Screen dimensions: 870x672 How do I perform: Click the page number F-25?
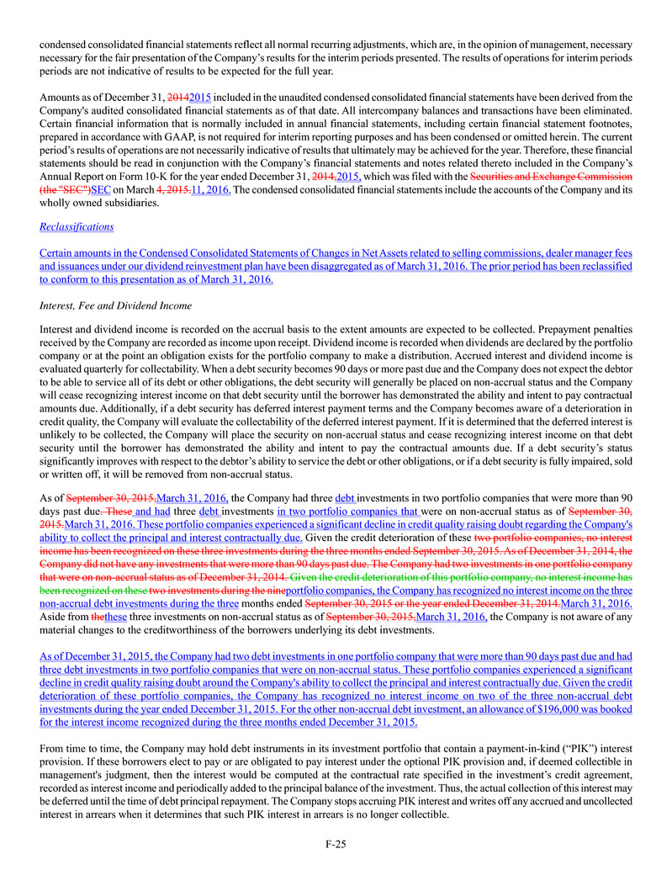(x=336, y=843)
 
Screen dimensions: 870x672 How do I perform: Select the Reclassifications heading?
(x=77, y=226)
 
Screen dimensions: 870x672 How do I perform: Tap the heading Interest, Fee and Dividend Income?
(x=115, y=305)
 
